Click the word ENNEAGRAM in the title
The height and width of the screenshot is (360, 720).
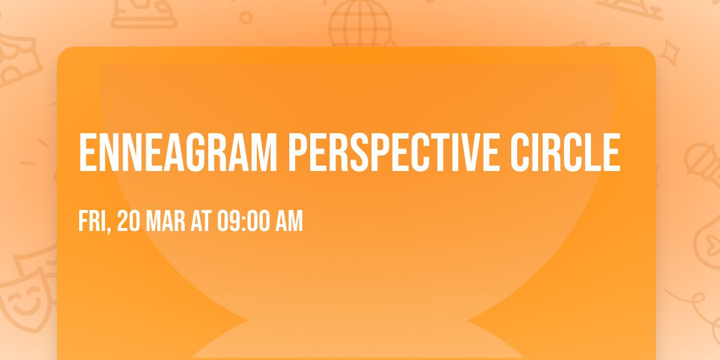point(177,152)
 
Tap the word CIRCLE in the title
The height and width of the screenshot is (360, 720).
point(563,152)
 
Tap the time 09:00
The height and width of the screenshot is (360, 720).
point(242,221)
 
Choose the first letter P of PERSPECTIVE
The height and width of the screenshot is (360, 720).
point(298,152)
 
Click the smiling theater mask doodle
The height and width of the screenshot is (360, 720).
point(24,296)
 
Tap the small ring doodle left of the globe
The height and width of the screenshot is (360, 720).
point(246,17)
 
